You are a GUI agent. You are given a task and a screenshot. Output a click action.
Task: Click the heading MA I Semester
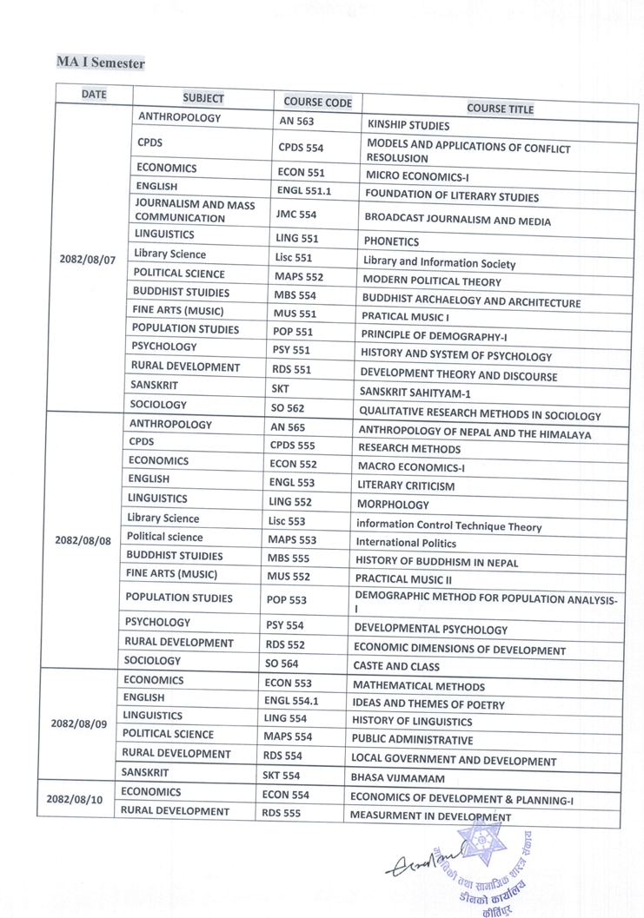(101, 63)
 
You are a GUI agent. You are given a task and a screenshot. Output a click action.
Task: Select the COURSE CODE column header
(317, 102)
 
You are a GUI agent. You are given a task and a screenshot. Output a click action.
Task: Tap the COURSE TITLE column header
(500, 109)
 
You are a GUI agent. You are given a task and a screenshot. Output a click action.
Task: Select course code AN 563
(296, 122)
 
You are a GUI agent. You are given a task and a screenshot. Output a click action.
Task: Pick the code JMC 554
(295, 213)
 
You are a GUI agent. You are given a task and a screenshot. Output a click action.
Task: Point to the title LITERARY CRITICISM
(405, 486)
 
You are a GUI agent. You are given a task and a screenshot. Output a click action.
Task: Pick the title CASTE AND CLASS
(395, 667)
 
